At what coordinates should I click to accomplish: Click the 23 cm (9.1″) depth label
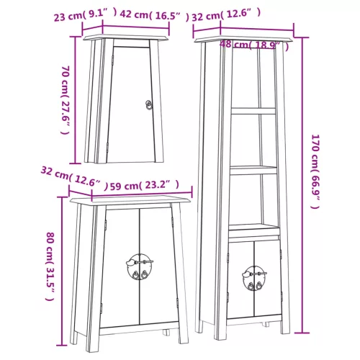point(86,15)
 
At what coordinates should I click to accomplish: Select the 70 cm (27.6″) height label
point(65,100)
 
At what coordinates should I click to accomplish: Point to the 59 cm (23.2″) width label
point(145,185)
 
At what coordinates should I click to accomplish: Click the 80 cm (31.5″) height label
point(50,266)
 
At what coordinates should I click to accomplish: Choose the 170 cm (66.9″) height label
point(315,171)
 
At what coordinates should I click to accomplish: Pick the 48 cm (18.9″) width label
point(254,45)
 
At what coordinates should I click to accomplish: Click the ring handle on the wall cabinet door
point(149,105)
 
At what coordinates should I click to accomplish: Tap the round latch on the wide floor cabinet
point(139,266)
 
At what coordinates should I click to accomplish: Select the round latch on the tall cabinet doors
point(254,278)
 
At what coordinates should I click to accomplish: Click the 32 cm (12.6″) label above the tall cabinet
point(226,14)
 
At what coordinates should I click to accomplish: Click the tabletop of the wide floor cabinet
point(130,200)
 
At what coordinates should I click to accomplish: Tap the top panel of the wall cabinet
point(126,37)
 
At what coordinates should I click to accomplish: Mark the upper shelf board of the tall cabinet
point(253,111)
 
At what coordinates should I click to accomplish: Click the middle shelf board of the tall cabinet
point(253,170)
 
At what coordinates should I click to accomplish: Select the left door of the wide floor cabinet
point(120,268)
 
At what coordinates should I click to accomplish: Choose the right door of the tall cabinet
point(267,279)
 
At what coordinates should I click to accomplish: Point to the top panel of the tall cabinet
point(243,39)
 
